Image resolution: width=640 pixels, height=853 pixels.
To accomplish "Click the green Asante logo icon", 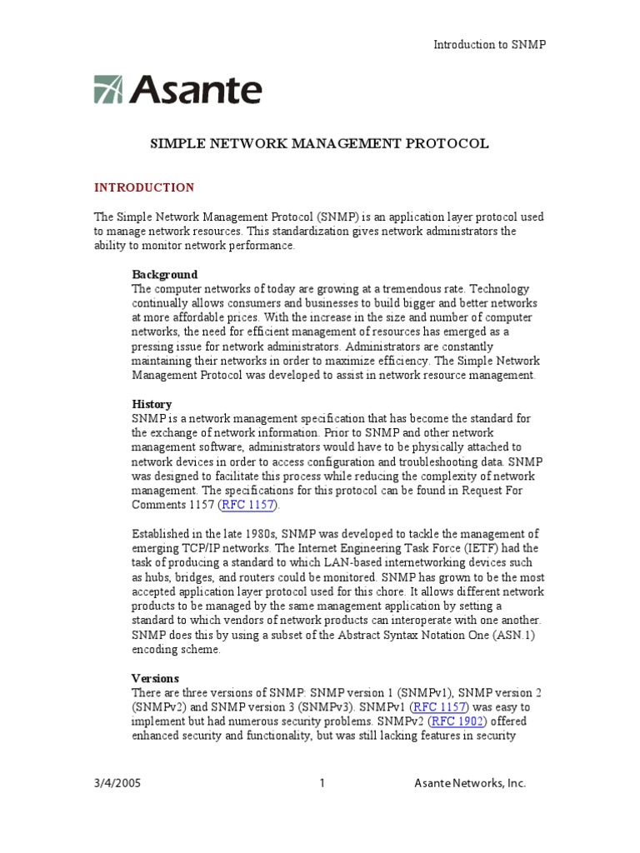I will (108, 90).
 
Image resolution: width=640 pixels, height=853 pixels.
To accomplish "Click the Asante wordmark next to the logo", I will (195, 90).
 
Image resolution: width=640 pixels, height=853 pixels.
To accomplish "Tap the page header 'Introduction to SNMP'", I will (489, 44).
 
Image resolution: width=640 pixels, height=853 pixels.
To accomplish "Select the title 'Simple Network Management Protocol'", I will (319, 143).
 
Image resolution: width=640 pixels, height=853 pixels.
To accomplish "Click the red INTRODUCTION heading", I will (144, 187).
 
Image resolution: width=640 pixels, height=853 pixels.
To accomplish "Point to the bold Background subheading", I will (165, 274).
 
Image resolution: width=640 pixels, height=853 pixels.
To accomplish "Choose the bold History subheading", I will (152, 404).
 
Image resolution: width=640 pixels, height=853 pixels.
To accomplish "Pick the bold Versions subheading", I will (155, 678).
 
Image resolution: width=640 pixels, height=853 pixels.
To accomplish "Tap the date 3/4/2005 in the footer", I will (115, 783).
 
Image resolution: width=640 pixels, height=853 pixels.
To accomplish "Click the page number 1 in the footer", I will (322, 783).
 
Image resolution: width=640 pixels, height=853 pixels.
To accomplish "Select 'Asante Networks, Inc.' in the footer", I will (470, 783).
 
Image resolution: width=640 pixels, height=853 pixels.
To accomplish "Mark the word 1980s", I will (252, 534).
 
